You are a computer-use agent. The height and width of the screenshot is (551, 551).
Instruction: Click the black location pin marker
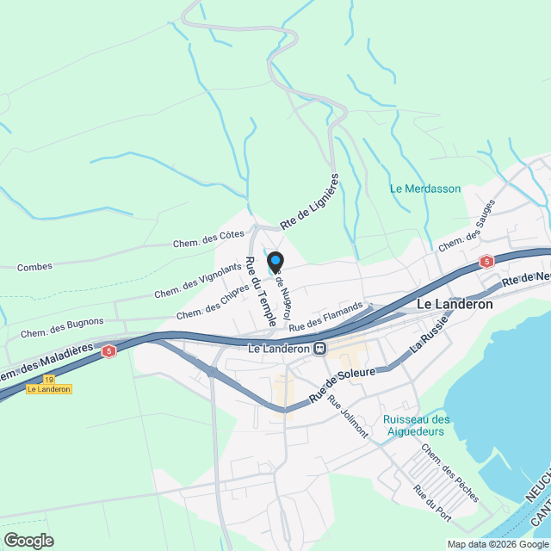[275, 262]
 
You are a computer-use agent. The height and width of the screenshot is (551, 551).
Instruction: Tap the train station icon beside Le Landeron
[319, 349]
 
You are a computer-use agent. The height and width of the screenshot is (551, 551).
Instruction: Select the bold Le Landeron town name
[454, 304]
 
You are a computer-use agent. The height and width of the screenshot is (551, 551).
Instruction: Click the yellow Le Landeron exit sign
[48, 389]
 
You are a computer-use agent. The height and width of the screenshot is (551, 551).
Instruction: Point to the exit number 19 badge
[48, 379]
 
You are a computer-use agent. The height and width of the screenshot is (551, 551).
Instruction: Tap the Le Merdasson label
[425, 189]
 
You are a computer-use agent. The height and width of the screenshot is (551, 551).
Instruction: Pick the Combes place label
[34, 267]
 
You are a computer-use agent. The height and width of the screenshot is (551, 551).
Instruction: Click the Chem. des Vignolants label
[197, 282]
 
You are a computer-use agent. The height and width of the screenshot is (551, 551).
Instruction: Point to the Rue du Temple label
[261, 291]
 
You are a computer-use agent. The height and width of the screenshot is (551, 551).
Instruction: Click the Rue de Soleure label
[341, 384]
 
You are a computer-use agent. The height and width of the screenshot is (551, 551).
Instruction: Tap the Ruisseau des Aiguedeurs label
[415, 425]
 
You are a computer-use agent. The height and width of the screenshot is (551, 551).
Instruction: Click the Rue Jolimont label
[348, 420]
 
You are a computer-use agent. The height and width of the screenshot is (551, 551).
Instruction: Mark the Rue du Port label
[431, 504]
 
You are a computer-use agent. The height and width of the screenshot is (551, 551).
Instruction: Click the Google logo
[28, 540]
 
